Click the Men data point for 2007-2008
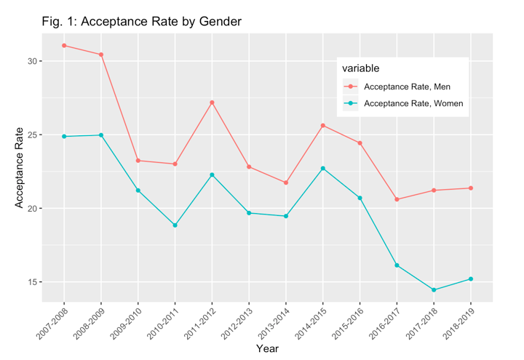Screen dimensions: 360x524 tap(64, 45)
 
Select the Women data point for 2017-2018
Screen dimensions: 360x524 tap(434, 290)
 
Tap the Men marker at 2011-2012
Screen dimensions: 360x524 tap(212, 103)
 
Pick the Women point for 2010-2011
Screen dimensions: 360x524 tap(175, 225)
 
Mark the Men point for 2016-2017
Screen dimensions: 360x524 tap(397, 199)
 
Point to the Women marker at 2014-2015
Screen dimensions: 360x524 tap(323, 168)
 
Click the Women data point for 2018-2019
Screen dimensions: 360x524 tap(471, 279)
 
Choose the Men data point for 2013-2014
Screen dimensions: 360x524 tap(286, 183)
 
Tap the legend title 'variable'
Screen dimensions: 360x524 tap(361, 68)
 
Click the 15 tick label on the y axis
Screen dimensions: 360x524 tap(31, 282)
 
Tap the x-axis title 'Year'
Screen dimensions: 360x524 tap(267, 348)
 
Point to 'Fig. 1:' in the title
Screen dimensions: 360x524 tap(58, 22)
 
